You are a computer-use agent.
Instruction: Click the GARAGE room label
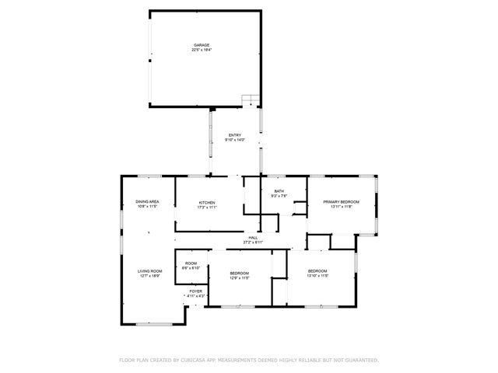tap(202, 45)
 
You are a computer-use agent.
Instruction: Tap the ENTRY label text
tap(235, 135)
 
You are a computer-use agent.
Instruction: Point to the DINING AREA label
tap(147, 202)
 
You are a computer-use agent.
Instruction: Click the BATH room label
tap(279, 191)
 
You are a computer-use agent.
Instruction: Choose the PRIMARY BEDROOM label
tap(342, 202)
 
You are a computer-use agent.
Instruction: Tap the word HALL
tap(253, 238)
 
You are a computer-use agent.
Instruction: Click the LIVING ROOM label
tap(150, 271)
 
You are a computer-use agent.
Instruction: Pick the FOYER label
tap(195, 291)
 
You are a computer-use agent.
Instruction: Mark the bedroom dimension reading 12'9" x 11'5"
tap(240, 277)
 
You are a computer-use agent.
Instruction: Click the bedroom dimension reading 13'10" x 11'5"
tap(318, 276)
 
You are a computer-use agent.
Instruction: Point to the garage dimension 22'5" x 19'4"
tap(202, 51)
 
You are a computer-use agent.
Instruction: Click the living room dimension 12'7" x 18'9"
tap(150, 276)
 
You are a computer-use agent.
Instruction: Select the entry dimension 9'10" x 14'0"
tap(236, 140)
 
